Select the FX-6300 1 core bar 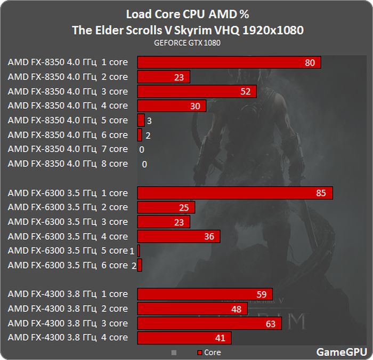[235, 193]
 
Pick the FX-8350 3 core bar [197, 91]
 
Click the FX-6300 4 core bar [179, 236]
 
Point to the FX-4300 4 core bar [184, 338]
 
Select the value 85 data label [320, 193]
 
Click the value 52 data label [245, 92]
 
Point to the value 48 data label [236, 309]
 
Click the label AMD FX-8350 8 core [68, 164]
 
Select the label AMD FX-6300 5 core [68, 251]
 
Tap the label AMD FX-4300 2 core [68, 309]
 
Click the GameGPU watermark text [341, 352]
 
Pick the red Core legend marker [199, 353]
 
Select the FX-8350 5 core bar [141, 120]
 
